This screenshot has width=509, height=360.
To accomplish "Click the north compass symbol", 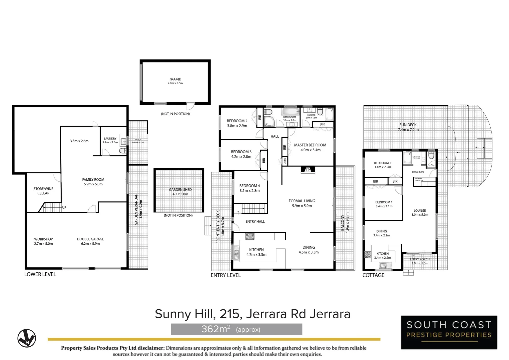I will pos(27,338).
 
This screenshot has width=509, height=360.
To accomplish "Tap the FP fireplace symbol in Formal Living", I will pos(307,170).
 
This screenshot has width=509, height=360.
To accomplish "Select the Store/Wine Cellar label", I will pos(43,191).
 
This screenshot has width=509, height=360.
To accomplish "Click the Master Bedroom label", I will pos(310,145).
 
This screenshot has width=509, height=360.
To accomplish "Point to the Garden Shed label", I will pos(180,190).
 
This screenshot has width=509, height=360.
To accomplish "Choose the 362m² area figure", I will pos(216,329).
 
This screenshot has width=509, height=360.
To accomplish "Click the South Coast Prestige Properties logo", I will pos(449,332).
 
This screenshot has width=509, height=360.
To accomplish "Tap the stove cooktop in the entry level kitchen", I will pos(250,236).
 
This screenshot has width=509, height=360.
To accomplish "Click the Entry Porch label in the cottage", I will pos(420,259).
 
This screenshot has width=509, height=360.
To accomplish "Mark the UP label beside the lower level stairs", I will pos(64,207).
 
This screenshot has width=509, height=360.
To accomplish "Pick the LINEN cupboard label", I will pos(284,161).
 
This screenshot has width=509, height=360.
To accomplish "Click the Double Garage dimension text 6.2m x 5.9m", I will pos(90,244).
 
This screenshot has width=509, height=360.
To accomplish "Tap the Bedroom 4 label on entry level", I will pos(250,186).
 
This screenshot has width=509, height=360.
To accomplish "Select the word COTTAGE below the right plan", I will pos(373,275).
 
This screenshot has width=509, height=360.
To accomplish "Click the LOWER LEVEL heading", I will pos(40,274).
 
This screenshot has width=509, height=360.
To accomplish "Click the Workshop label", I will pos(43,239).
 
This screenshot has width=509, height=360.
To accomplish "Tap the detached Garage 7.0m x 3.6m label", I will pos(175,81).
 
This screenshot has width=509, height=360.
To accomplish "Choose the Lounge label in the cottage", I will pos(420,211).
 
